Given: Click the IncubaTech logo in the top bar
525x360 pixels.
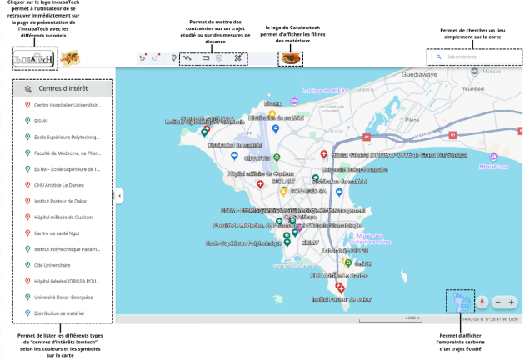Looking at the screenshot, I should (34, 59).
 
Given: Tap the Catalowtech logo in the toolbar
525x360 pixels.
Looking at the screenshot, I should (290, 58).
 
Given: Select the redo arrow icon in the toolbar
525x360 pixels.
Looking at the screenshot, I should (157, 58).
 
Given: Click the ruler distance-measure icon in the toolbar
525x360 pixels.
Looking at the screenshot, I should (206, 58).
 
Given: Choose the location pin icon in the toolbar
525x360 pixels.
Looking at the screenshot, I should (173, 58).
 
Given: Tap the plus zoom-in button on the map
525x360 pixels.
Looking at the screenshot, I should (511, 302).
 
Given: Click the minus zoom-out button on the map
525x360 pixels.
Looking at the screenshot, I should (497, 302).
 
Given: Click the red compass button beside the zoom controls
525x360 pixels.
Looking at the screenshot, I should (481, 302).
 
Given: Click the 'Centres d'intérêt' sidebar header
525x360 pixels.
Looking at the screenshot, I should (62, 88).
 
